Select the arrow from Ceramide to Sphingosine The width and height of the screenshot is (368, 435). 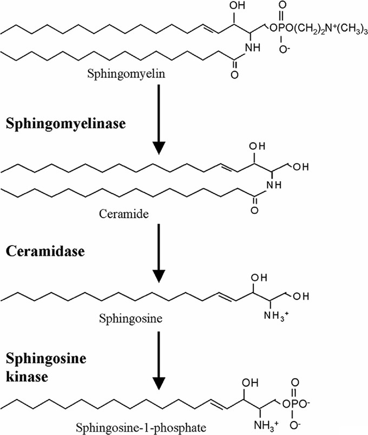pos(158,251)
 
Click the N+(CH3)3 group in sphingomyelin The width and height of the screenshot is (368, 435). pos(341,28)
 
